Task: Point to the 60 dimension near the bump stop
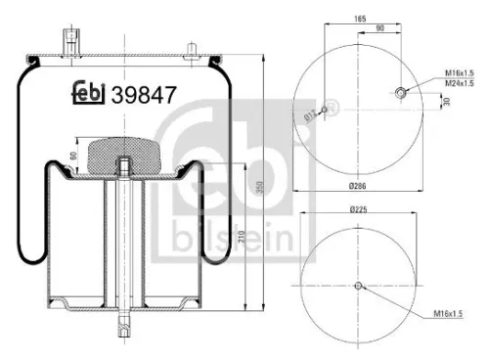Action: click(72, 157)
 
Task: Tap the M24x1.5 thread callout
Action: click(460, 83)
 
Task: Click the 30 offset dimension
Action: click(446, 101)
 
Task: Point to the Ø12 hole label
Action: click(310, 115)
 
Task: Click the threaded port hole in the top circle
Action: click(401, 93)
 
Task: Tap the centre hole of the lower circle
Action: click(359, 287)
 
